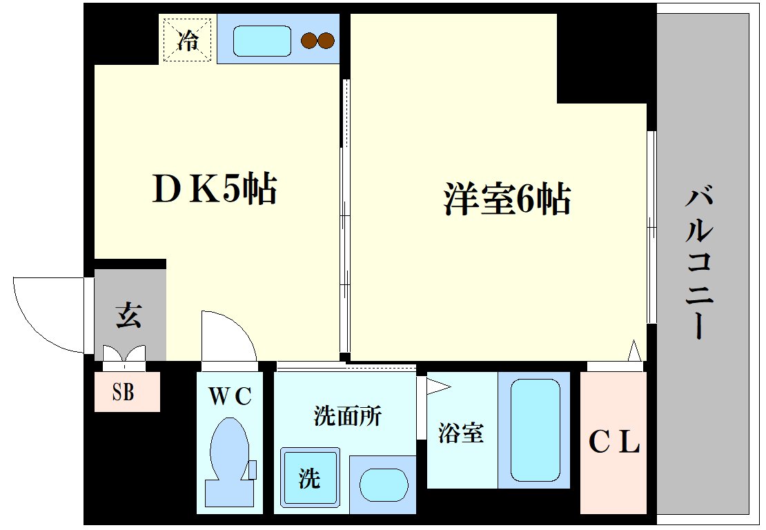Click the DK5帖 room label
(x=214, y=188)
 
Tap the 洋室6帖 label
(x=507, y=199)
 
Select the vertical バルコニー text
(x=698, y=264)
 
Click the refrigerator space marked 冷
(x=186, y=39)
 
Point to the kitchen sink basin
(x=262, y=41)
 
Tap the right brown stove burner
(x=325, y=41)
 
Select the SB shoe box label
(x=124, y=393)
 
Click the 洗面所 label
(x=347, y=416)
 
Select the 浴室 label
(x=460, y=433)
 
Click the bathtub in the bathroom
(x=535, y=429)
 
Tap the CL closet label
(x=613, y=442)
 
